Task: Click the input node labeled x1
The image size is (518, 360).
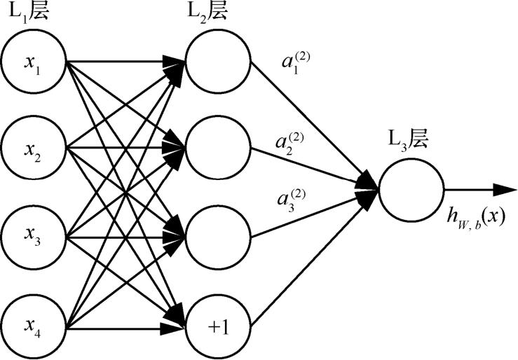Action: tap(34, 60)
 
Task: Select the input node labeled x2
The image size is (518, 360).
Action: tap(34, 148)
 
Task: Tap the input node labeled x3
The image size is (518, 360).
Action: tap(34, 237)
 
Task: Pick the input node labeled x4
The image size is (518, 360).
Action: tap(34, 326)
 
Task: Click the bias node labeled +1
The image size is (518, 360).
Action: tap(218, 326)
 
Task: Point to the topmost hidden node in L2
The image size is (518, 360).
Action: tap(218, 60)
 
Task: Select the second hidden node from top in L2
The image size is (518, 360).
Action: tap(218, 148)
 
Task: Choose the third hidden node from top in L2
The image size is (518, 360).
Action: tap(218, 237)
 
